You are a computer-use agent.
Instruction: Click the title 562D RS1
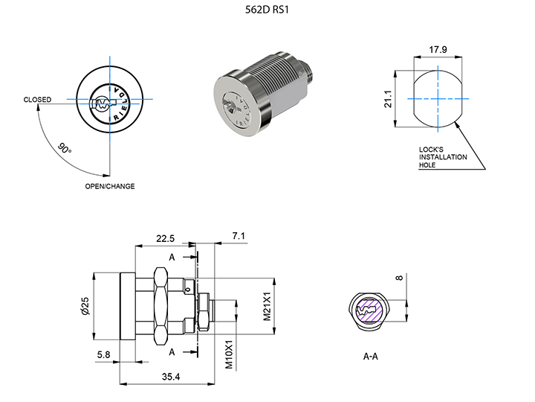267,10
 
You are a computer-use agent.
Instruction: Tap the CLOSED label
38,100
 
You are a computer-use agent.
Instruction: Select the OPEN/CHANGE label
110,186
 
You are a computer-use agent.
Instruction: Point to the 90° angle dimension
65,148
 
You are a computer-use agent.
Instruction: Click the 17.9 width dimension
438,50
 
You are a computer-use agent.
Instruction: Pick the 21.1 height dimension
388,99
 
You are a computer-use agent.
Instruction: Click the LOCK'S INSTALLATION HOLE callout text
443,157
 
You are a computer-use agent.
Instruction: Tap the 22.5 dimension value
166,238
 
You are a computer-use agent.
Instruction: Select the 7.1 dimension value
239,236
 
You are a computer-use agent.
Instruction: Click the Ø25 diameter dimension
85,306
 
